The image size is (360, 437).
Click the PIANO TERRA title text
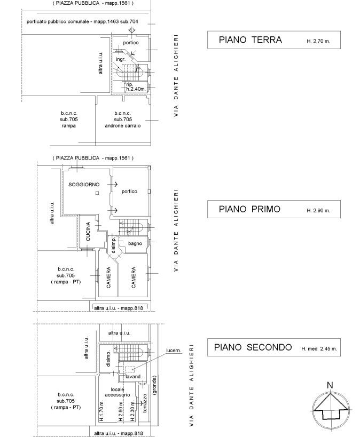click(x=251, y=40)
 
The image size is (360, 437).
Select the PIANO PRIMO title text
click(x=249, y=209)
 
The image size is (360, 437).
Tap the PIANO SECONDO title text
click(x=253, y=347)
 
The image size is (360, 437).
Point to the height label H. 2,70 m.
click(x=318, y=41)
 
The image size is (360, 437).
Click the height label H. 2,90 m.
click(x=318, y=211)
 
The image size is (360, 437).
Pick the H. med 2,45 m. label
click(x=319, y=348)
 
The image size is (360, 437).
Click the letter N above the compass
click(x=330, y=385)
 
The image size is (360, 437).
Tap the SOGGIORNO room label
click(x=84, y=185)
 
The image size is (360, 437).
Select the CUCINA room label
click(x=88, y=232)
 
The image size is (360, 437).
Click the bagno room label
click(x=135, y=244)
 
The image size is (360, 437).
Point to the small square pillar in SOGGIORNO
click(x=97, y=193)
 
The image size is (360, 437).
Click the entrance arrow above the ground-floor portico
click(x=132, y=30)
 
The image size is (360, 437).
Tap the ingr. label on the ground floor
click(x=121, y=59)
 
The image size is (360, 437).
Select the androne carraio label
click(x=123, y=126)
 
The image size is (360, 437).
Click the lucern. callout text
click(x=174, y=351)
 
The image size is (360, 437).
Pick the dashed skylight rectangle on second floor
click(x=129, y=370)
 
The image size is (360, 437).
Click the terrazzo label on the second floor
click(x=145, y=403)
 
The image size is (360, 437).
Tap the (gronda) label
click(x=155, y=385)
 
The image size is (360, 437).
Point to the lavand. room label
click(x=134, y=377)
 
